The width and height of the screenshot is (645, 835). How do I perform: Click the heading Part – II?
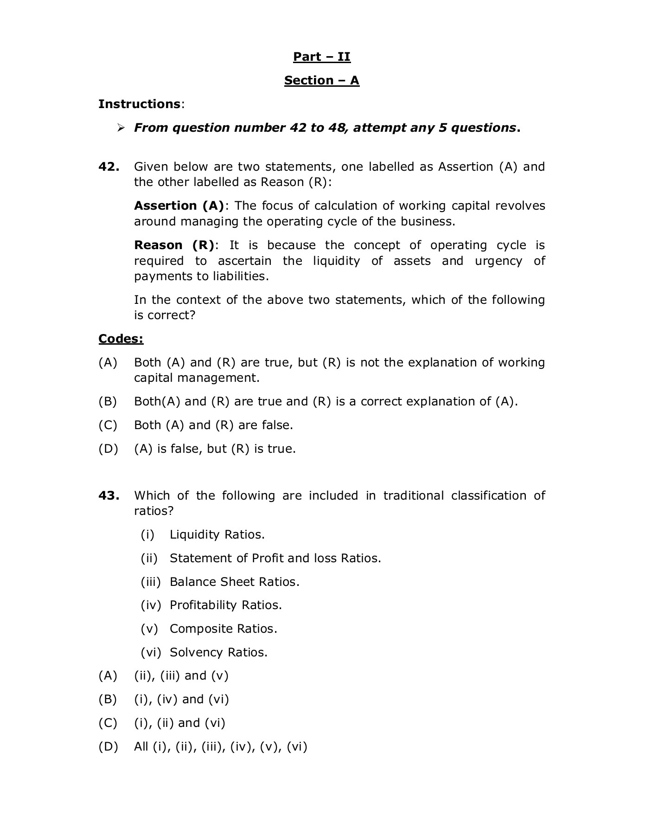(321, 57)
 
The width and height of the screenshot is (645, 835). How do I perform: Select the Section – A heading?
(321, 81)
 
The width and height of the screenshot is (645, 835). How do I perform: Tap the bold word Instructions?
(139, 104)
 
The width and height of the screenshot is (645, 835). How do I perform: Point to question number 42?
(109, 167)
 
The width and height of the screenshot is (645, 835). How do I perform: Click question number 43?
(109, 495)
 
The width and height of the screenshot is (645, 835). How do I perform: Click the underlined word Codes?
(121, 339)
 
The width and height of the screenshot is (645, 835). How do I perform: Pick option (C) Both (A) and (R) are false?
(213, 425)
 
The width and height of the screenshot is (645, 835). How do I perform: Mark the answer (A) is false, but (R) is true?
(215, 449)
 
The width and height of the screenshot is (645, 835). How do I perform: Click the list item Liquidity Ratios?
(217, 534)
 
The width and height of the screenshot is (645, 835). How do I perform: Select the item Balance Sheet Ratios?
(234, 582)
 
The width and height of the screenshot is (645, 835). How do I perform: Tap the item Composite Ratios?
(223, 629)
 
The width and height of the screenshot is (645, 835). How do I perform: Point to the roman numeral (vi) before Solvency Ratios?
(151, 652)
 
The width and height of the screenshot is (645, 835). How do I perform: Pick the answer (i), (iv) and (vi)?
(181, 699)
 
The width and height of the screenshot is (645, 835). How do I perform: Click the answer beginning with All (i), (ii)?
(221, 746)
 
